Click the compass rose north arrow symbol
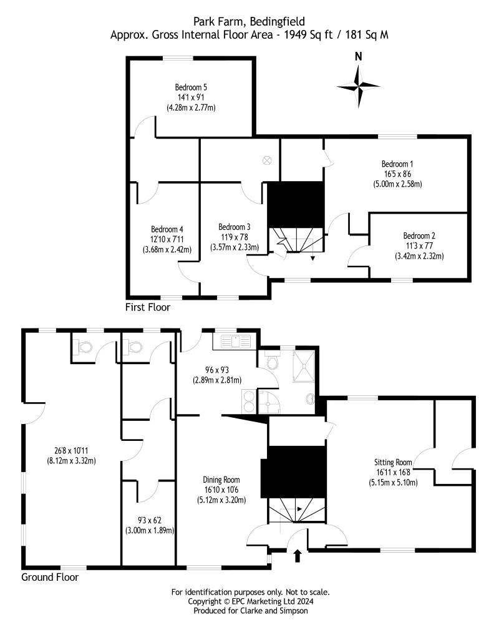(358, 84)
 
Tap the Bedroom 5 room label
(191, 87)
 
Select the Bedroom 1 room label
(398, 164)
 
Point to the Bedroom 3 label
(235, 227)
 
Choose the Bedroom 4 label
(167, 229)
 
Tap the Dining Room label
(221, 480)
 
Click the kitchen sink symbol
(231, 342)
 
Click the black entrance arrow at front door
(297, 554)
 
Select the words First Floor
(147, 307)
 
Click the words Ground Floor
(50, 578)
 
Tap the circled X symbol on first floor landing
(267, 160)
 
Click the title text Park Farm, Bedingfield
(249, 23)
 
